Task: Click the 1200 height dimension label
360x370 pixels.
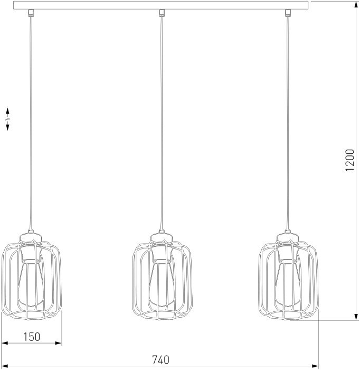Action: (x=349, y=160)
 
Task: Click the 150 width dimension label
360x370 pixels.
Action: (x=32, y=337)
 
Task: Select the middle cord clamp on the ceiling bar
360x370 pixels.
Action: (x=162, y=12)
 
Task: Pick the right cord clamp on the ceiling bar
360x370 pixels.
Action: (x=288, y=12)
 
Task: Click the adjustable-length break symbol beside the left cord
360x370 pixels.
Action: (x=8, y=119)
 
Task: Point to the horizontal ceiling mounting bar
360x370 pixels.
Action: (x=162, y=5)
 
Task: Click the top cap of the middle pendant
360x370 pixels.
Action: (x=160, y=235)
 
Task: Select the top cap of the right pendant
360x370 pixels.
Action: (x=289, y=235)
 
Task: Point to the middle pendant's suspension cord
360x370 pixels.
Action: (x=161, y=122)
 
